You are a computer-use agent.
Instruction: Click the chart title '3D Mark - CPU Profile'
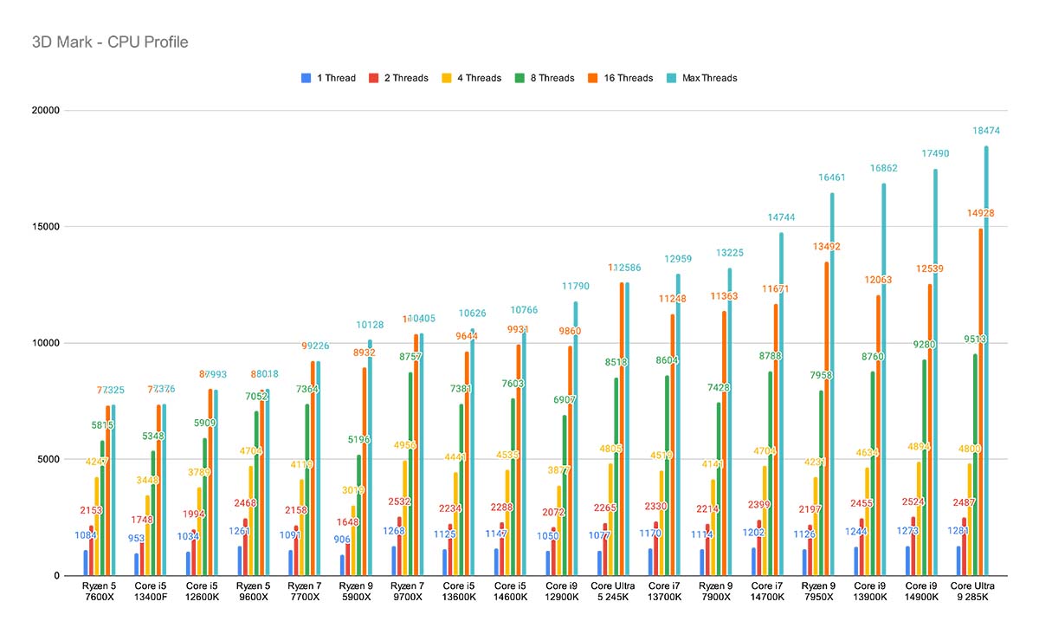pos(109,42)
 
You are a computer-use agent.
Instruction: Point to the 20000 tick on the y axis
pos(42,111)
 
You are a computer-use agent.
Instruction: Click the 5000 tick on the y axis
pos(45,460)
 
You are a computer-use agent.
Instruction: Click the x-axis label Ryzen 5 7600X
pos(98,592)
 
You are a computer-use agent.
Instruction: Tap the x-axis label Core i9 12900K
pos(561,592)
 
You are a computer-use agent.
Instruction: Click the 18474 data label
pos(985,131)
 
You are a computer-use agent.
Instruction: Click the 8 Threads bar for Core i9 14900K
pos(924,468)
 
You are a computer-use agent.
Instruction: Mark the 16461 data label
pos(831,178)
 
